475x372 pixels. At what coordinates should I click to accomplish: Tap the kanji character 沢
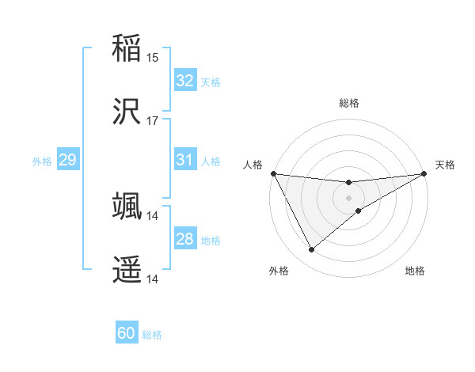tap(127, 111)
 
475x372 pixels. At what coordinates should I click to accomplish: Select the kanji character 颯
tap(127, 205)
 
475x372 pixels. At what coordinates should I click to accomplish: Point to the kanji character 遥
tap(127, 269)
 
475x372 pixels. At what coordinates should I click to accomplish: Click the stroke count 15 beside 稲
tap(153, 57)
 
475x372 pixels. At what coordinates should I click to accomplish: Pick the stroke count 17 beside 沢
tap(153, 121)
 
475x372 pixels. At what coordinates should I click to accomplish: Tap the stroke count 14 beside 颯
tap(153, 215)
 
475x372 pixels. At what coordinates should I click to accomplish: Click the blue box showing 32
tap(185, 81)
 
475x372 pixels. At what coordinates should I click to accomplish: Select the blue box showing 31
tap(185, 160)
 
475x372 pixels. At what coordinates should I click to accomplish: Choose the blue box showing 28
tap(185, 239)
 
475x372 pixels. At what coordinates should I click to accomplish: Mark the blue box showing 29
tap(67, 160)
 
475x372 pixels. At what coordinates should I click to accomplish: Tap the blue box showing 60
tap(127, 333)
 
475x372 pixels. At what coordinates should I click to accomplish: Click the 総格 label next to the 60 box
tap(152, 335)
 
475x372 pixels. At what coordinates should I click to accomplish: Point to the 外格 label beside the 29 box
tap(42, 161)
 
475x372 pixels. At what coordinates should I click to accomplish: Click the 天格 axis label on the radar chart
tap(445, 165)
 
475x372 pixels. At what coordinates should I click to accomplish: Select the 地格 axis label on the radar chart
tap(415, 271)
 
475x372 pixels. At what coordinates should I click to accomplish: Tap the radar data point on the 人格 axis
tap(273, 173)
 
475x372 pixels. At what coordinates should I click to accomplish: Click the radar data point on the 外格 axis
tap(311, 250)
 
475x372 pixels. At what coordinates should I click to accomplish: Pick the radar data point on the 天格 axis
tap(424, 173)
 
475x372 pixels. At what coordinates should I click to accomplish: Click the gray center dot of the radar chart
tap(348, 197)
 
